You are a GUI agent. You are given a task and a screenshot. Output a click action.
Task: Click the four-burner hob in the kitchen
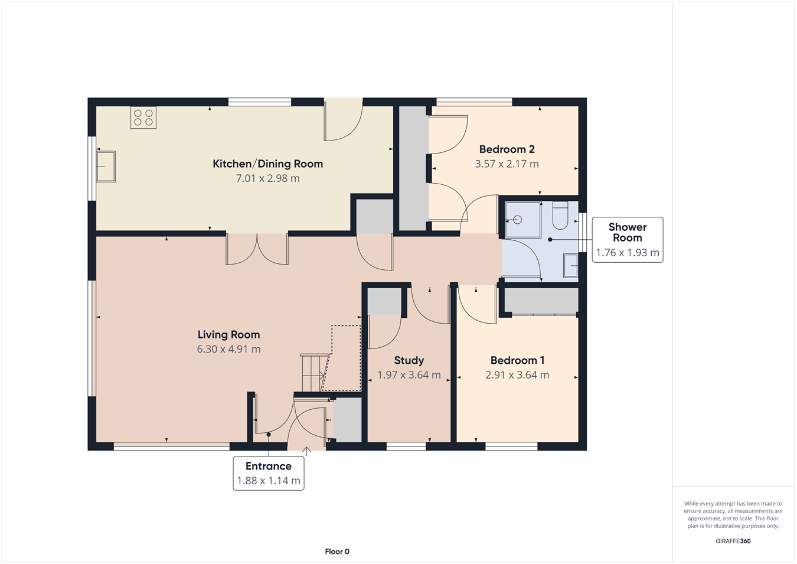click(143, 118)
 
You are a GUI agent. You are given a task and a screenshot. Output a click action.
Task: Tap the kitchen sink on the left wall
click(106, 167)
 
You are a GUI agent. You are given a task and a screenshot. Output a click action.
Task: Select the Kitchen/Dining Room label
click(267, 164)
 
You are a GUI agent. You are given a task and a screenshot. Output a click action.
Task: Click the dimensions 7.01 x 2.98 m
click(267, 178)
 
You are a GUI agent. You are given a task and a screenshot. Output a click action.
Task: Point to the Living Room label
click(228, 334)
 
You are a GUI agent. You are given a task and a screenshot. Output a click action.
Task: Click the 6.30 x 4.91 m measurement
click(228, 349)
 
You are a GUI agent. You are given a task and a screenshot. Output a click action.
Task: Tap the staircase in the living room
click(314, 372)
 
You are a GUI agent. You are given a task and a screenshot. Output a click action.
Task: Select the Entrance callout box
click(269, 473)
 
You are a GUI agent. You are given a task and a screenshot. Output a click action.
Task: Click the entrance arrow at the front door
click(306, 452)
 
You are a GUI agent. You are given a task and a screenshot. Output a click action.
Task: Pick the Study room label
click(409, 360)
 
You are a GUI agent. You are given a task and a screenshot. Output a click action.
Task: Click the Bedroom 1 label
click(517, 360)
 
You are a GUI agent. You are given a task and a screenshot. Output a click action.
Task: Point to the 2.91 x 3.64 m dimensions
click(517, 375)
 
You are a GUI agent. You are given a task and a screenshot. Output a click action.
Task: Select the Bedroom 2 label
click(507, 149)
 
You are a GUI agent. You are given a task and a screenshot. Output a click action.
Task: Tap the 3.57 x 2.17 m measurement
click(507, 164)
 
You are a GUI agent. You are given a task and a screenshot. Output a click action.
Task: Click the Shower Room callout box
click(627, 239)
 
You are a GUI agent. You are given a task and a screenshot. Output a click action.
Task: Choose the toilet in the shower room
click(560, 216)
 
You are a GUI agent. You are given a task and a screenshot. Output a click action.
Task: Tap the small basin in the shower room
click(570, 265)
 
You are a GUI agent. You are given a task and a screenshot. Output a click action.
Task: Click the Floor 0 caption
click(337, 552)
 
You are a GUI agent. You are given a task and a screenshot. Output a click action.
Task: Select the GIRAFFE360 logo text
click(733, 541)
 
